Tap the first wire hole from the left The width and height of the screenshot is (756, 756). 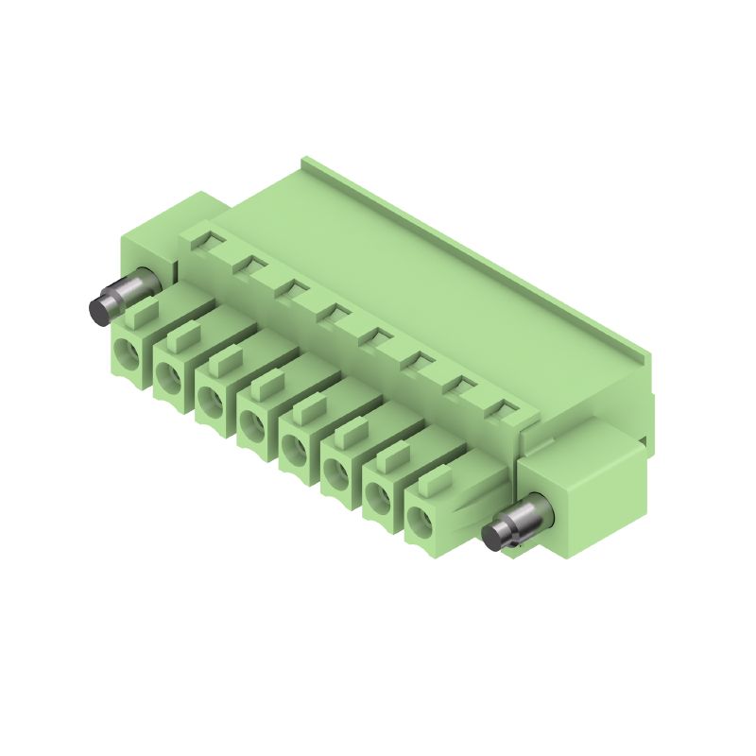pyautogui.click(x=126, y=355)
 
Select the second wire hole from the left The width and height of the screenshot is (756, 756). pyautogui.click(x=168, y=377)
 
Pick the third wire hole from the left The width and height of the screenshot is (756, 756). pyautogui.click(x=210, y=400)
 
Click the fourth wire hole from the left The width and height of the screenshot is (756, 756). pyautogui.click(x=251, y=422)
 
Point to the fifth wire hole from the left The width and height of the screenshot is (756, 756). pyautogui.click(x=293, y=445)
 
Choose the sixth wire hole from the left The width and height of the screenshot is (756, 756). pyautogui.click(x=335, y=468)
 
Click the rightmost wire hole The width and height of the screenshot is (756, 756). pyautogui.click(x=419, y=516)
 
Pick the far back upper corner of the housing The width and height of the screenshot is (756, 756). pyautogui.click(x=306, y=163)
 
